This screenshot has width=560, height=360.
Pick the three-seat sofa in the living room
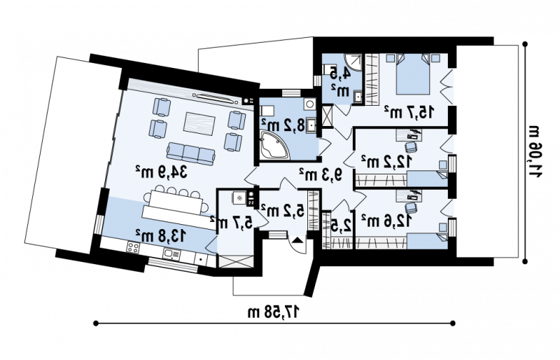point(188,152)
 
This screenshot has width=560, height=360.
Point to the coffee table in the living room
point(199,124)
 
